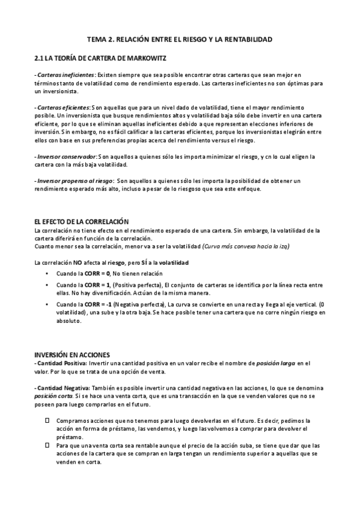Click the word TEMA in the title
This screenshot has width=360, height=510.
point(97,40)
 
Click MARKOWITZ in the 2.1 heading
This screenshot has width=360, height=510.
point(155,58)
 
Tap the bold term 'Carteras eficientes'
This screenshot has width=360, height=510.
point(58,106)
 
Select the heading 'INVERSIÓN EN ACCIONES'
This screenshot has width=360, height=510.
point(72,355)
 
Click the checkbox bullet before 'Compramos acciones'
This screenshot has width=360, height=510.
point(47,420)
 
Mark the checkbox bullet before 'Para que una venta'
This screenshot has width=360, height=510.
point(47,446)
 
